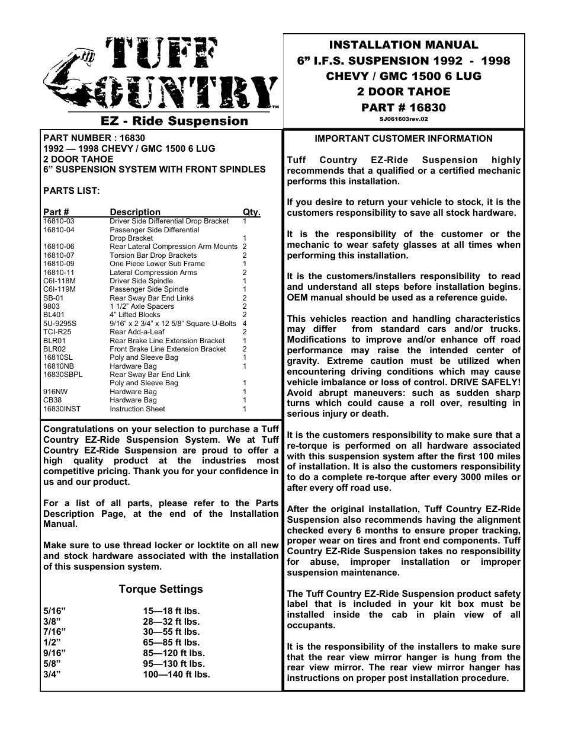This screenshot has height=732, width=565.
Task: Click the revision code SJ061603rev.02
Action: [x=403, y=119]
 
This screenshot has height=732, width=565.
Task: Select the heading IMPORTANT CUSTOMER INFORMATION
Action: [x=403, y=139]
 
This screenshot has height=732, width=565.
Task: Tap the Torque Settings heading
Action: [x=160, y=589]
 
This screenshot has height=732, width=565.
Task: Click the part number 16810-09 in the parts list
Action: [x=59, y=264]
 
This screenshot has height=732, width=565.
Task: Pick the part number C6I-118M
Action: [x=59, y=281]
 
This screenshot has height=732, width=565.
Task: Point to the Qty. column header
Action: [x=251, y=212]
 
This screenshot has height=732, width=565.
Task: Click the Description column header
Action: [x=135, y=212]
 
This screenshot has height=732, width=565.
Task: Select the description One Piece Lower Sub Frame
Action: [x=157, y=264]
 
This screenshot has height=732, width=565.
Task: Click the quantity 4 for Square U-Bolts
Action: [x=244, y=324]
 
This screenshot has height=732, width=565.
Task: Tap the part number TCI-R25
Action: [x=57, y=333]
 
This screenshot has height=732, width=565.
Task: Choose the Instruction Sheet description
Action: [x=137, y=409]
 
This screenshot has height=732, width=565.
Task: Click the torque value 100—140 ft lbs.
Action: [x=176, y=675]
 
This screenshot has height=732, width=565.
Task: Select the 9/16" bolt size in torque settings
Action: [x=53, y=653]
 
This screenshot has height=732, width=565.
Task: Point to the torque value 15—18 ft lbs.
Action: [x=171, y=611]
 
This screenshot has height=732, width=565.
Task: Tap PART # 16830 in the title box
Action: [x=403, y=107]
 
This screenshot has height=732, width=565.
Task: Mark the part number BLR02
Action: [x=54, y=349]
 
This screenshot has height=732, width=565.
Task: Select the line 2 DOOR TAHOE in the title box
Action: [x=403, y=92]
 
